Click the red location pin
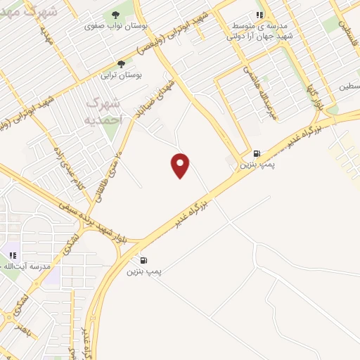(181, 165)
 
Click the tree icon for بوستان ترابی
(121, 63)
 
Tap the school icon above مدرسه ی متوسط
(259, 14)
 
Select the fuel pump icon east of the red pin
(257, 153)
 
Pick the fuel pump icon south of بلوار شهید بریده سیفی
(144, 259)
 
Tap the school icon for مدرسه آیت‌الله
(12, 255)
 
